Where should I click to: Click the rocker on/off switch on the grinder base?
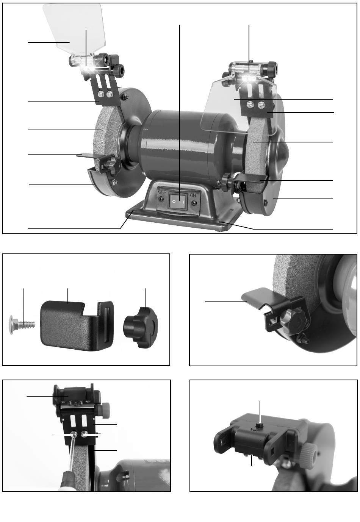coord(178,201)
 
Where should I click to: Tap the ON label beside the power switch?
coord(193,195)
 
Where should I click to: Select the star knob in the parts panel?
coord(141,327)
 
